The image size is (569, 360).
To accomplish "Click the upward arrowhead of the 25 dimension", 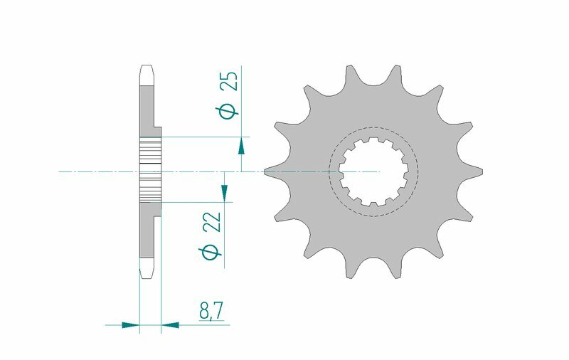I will (x=241, y=147).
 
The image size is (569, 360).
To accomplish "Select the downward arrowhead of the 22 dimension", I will (x=224, y=192).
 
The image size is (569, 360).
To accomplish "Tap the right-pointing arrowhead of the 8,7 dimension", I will (x=129, y=325).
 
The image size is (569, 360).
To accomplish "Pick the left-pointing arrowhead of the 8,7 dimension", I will (x=171, y=325).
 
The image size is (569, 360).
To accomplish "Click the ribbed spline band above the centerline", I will (x=150, y=152).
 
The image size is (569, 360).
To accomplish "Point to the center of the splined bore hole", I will (x=373, y=171).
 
